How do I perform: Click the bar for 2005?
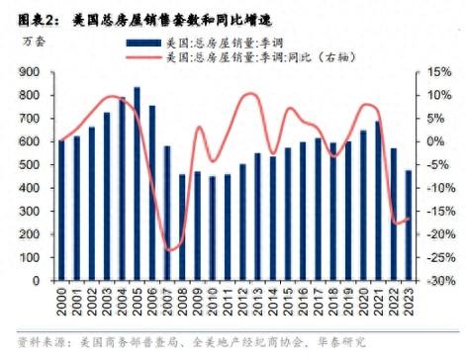point(137,184)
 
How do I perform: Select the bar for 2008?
point(182,227)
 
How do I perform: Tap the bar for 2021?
point(378,201)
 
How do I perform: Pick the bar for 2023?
point(409,225)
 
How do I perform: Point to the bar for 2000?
point(61,211)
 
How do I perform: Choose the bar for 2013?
point(257,217)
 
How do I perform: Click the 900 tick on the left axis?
point(30,72)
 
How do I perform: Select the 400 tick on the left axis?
point(30,188)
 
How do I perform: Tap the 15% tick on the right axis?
point(439,72)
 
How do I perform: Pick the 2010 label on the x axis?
point(212,302)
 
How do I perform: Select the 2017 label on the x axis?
point(318,302)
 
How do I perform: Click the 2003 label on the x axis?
point(107,302)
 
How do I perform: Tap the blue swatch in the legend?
point(143,43)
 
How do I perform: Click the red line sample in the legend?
point(143,57)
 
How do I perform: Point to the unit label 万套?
point(34,42)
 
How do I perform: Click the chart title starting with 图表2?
point(144,21)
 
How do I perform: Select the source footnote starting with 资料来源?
point(192,342)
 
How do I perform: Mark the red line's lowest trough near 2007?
point(169,250)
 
